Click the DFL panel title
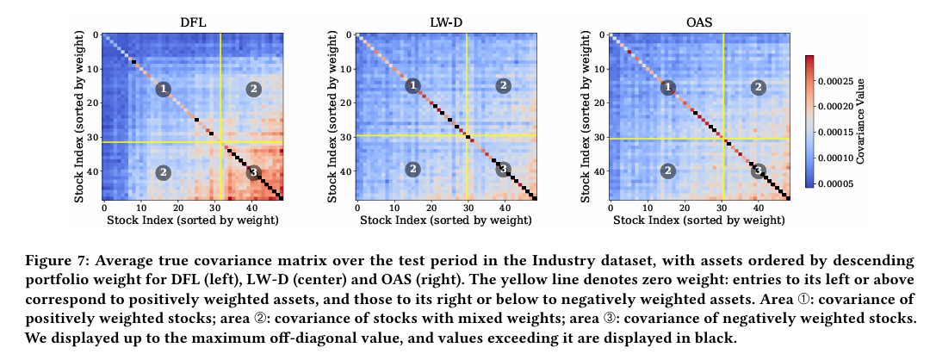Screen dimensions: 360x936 pyautogui.click(x=192, y=19)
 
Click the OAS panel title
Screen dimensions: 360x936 pyautogui.click(x=698, y=19)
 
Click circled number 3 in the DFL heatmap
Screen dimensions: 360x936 pyautogui.click(x=254, y=172)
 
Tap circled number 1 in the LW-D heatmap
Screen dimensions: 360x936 pyautogui.click(x=413, y=85)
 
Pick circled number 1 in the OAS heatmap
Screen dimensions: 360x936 pyautogui.click(x=667, y=87)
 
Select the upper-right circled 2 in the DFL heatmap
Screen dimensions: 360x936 pyautogui.click(x=253, y=88)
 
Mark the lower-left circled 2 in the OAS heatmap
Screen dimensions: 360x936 pyautogui.click(x=667, y=171)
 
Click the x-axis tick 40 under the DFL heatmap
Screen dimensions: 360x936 pyautogui.click(x=251, y=208)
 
